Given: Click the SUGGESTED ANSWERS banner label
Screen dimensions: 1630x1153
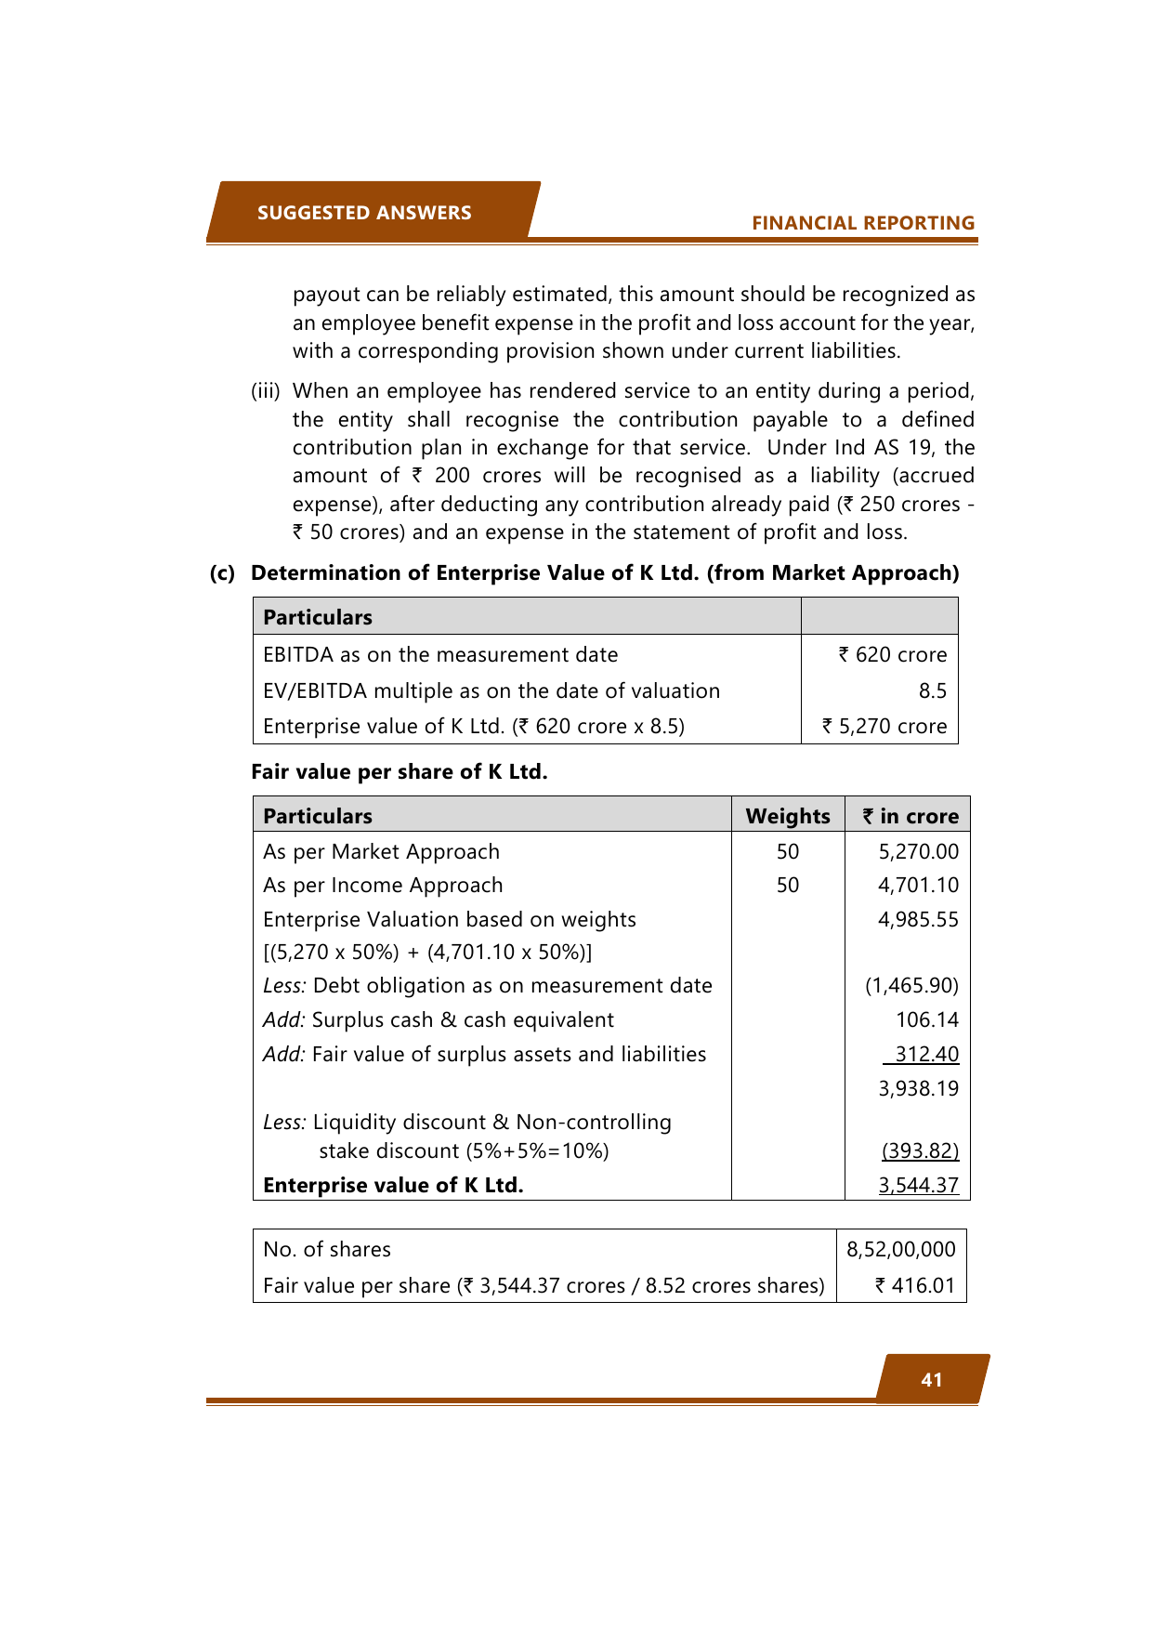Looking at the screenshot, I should point(364,213).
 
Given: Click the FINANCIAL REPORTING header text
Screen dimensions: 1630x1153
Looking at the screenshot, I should point(863,223).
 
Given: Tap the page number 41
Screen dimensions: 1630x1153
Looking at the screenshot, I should point(932,1380).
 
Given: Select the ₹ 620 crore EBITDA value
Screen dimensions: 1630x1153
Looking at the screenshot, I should point(892,655).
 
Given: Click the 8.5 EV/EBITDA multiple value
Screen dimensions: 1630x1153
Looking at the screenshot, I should point(932,691).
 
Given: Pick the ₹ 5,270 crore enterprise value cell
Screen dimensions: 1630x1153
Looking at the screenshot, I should point(884,727).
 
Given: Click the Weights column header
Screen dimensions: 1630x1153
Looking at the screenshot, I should point(788,816).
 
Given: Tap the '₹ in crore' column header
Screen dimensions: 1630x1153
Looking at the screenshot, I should point(910,816).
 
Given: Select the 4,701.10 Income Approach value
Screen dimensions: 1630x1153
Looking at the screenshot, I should point(918,886).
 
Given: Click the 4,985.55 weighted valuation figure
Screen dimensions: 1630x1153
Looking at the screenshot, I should point(918,920).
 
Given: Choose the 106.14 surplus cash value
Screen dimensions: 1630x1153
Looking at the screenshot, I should point(926,1020).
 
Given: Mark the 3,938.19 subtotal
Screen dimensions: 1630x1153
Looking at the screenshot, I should point(918,1089).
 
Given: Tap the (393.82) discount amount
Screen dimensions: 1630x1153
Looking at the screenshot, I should point(920,1151).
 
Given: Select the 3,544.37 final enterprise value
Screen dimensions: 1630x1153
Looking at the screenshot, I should point(918,1186).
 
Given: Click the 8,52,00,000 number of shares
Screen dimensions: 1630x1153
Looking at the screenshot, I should point(900,1250).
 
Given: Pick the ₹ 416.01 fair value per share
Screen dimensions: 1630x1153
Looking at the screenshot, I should point(914,1286).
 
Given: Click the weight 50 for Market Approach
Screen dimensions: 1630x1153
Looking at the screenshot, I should point(788,852).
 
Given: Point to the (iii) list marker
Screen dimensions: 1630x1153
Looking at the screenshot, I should point(266,391).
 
